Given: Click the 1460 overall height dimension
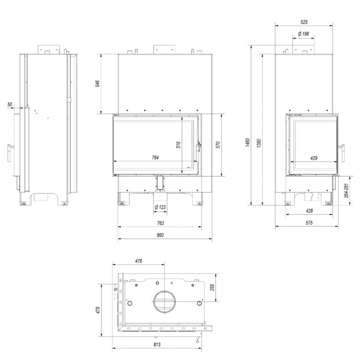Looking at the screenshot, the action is point(247,143).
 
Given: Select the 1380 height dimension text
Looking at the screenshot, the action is point(259,143).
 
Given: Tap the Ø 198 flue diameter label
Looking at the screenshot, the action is point(303,34).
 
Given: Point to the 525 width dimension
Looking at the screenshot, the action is point(304,22).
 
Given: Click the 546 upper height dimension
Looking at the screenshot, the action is point(98,84).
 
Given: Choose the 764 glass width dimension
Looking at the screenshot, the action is point(155,157).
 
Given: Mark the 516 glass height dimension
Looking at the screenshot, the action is point(178,145).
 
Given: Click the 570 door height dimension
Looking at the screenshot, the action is point(218,145).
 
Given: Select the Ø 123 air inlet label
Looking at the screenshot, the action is point(160,207).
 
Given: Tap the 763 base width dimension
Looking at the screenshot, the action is point(160,223).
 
